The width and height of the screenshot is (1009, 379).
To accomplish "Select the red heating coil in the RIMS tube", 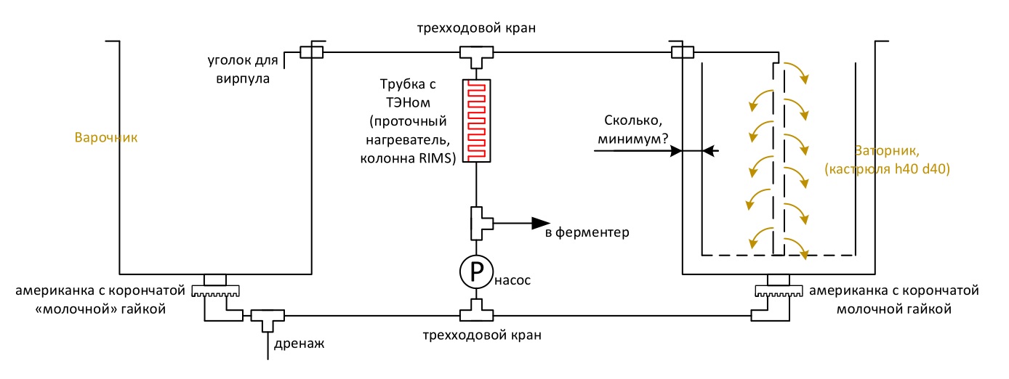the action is [477, 121].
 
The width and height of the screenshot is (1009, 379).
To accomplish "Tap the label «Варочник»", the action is [106, 137].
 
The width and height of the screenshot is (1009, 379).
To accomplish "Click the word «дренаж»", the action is [299, 344].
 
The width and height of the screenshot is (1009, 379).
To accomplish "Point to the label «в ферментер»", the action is [587, 232].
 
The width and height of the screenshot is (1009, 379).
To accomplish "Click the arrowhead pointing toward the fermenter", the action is [541, 223].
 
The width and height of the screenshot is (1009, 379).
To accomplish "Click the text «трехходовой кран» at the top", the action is [476, 28].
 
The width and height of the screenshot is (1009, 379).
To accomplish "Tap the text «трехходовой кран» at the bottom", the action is [482, 335].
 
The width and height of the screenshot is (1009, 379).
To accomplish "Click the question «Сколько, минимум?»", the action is [633, 130].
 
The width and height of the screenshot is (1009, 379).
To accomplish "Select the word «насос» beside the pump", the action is [512, 280].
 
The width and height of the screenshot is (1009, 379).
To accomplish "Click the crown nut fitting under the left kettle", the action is [215, 290].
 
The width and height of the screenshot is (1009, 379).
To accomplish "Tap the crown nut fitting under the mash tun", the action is [779, 290].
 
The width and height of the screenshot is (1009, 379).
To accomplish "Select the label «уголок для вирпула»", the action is [243, 69].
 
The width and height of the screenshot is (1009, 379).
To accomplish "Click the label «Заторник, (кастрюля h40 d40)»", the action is [887, 160].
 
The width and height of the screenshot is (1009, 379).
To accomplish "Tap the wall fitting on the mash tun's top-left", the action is [683, 52].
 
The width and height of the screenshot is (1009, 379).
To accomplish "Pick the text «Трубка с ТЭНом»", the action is [408, 93].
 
